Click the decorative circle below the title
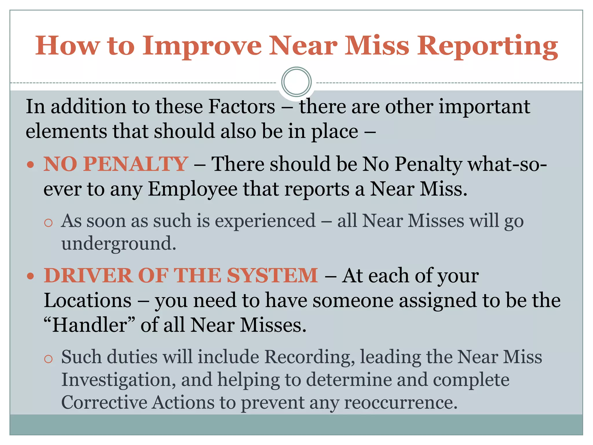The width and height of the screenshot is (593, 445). click(x=296, y=82)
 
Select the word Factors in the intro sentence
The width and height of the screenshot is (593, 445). click(x=241, y=107)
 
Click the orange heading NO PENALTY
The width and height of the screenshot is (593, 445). click(x=116, y=164)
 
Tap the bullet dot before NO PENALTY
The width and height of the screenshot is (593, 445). click(x=30, y=165)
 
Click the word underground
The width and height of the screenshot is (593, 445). click(x=118, y=243)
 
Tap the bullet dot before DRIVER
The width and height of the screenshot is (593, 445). click(x=30, y=276)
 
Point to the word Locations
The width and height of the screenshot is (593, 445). click(x=88, y=300)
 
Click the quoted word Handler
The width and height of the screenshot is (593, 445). click(x=90, y=325)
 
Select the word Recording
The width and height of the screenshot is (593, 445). click(x=310, y=357)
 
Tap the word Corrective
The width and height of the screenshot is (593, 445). click(x=104, y=403)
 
